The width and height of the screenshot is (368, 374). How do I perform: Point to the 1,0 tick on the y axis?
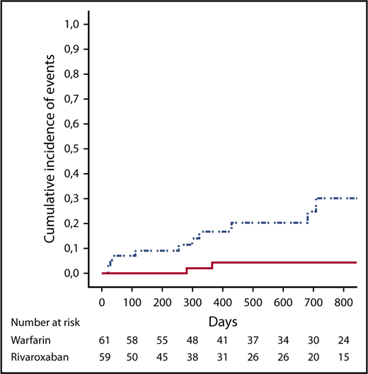(72, 25)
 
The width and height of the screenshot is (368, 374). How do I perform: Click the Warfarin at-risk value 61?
(102, 341)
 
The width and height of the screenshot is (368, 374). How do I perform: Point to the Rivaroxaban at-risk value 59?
(102, 358)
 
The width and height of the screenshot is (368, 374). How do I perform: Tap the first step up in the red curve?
(186, 270)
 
